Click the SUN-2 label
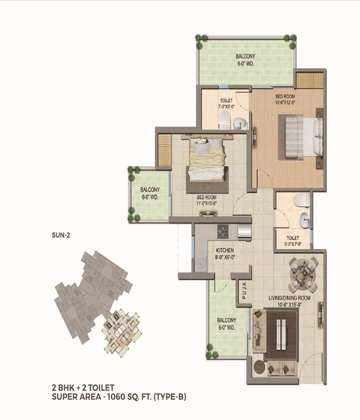tap(61, 235)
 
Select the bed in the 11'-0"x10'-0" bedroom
tap(206, 160)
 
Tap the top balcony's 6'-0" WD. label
tap(246, 62)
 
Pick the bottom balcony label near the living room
tap(227, 323)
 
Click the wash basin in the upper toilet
tap(240, 123)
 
